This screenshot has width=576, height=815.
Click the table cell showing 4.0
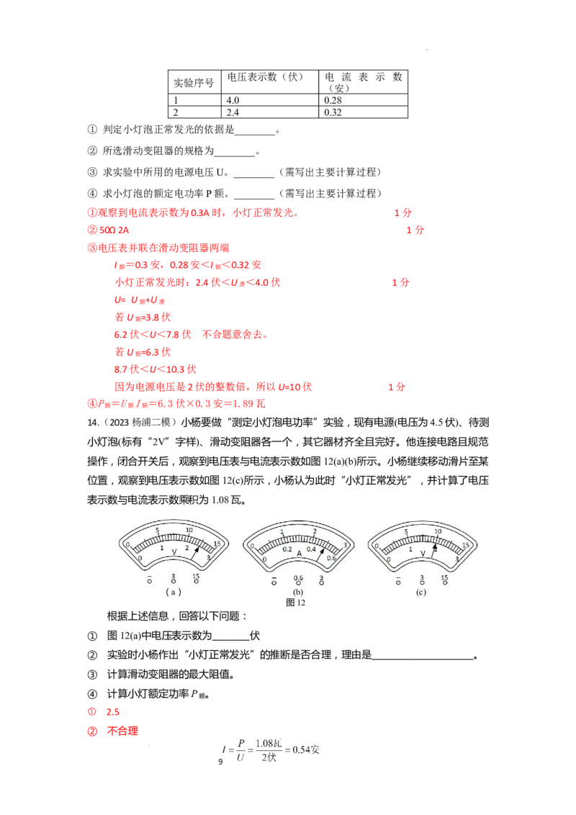(x=270, y=100)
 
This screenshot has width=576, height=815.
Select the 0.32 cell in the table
(x=363, y=112)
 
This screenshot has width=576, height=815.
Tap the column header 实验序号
(x=194, y=83)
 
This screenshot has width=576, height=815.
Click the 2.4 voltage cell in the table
(x=270, y=112)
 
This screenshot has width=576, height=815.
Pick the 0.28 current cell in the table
(x=363, y=100)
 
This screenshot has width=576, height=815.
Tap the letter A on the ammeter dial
(x=300, y=554)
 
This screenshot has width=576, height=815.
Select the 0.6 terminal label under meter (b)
(x=298, y=578)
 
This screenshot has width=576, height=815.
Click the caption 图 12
(x=295, y=603)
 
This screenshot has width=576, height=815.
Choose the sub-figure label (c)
(x=420, y=592)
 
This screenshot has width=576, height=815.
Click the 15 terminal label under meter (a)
(x=196, y=577)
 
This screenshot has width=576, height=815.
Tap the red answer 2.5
(x=113, y=712)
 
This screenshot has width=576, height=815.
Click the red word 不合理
(x=122, y=731)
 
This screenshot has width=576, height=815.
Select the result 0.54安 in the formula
(x=306, y=749)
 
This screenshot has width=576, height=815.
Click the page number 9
(x=220, y=762)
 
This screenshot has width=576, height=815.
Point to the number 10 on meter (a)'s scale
(x=189, y=530)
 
